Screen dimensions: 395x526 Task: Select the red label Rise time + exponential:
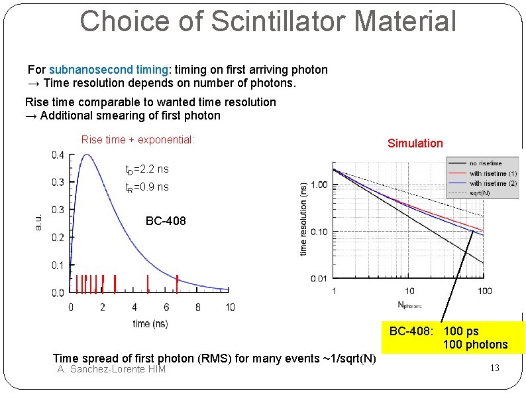137,140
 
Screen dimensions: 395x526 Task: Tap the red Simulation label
415,143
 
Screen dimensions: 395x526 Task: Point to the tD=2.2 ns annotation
146,170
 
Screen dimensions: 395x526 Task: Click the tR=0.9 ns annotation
146,188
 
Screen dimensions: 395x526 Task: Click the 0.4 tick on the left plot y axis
58,155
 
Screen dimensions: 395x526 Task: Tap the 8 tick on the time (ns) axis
198,307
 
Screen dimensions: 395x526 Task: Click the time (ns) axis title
150,323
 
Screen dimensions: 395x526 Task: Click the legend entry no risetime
486,163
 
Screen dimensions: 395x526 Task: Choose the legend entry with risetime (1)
493,173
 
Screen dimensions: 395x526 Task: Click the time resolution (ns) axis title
303,220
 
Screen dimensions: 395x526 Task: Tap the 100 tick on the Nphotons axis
484,291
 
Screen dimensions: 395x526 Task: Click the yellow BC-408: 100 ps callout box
448,337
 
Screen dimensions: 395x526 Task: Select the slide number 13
494,368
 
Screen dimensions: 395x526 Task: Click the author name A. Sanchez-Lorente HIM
111,370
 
